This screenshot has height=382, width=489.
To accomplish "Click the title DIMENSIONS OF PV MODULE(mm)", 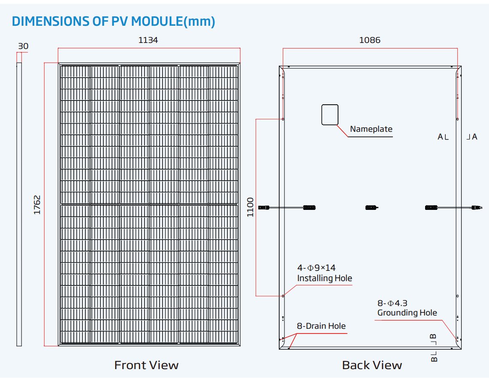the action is coord(114,21).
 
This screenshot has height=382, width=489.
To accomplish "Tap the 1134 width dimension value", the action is coord(148,40).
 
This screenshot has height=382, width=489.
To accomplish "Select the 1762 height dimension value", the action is coord(37,205).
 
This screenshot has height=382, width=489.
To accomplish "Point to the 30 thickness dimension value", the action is coord(23,46).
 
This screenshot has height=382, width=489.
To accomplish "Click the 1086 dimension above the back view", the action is coord(370,40).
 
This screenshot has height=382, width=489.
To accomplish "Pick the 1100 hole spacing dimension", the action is coord(251,207).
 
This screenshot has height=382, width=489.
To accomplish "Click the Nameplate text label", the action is coord(371,129).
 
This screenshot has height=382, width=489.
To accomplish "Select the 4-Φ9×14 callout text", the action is coord(316,268).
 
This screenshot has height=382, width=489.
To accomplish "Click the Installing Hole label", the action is coord(325,278).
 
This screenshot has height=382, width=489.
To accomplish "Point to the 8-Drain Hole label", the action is coord(321,326).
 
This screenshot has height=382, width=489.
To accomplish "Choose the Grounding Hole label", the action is coord(407,313).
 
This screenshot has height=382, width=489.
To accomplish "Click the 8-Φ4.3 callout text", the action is coord(392,303).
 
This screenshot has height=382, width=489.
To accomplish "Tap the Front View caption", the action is coord(146,365).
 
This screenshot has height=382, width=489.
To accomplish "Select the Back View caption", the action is coord(372,365).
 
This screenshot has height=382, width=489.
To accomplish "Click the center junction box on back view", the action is coord(371,207).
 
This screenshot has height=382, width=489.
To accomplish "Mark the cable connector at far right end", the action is coord(477,207).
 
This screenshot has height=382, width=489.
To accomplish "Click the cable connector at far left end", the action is coord(263,207).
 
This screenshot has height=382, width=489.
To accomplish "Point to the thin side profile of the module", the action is coord(19,204).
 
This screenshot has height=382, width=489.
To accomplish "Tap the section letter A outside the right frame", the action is coord(475,136).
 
